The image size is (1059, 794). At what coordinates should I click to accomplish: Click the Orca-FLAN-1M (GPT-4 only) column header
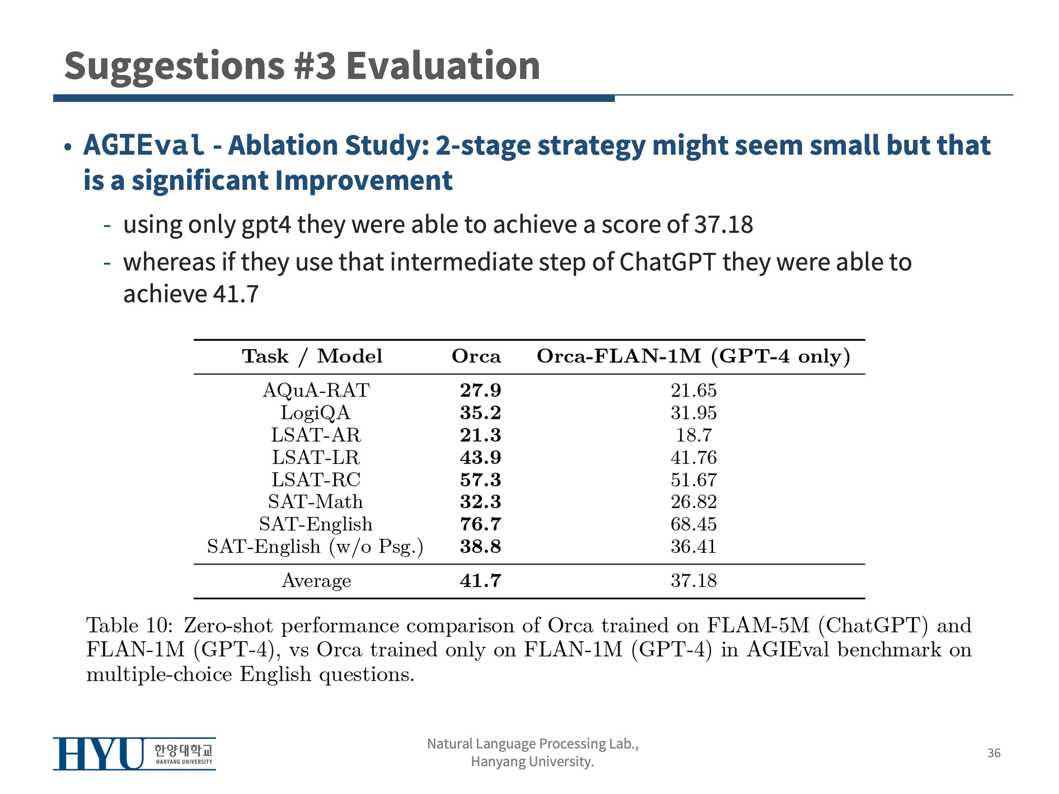[x=693, y=356]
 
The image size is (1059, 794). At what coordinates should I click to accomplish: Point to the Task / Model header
[x=312, y=356]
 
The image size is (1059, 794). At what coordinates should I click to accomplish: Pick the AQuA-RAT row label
[x=316, y=390]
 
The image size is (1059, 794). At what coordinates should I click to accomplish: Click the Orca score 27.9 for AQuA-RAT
[x=480, y=390]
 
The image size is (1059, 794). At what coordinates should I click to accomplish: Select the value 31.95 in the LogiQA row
[x=693, y=413]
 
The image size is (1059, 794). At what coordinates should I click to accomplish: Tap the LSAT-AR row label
[x=316, y=435]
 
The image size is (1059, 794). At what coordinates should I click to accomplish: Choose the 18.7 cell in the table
[x=693, y=435]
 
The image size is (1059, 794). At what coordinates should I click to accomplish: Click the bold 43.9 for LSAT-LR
[x=480, y=457]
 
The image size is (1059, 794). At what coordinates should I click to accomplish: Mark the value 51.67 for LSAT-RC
[x=693, y=480]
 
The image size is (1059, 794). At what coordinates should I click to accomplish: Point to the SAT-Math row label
[x=316, y=502]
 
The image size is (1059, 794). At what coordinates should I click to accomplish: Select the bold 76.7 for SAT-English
[x=480, y=524]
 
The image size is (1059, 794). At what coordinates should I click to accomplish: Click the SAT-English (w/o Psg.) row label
[x=315, y=547]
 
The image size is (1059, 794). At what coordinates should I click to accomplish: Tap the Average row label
[x=316, y=581]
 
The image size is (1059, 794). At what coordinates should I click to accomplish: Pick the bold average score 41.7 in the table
[x=480, y=581]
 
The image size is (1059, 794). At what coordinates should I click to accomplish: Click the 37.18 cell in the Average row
[x=693, y=581]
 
